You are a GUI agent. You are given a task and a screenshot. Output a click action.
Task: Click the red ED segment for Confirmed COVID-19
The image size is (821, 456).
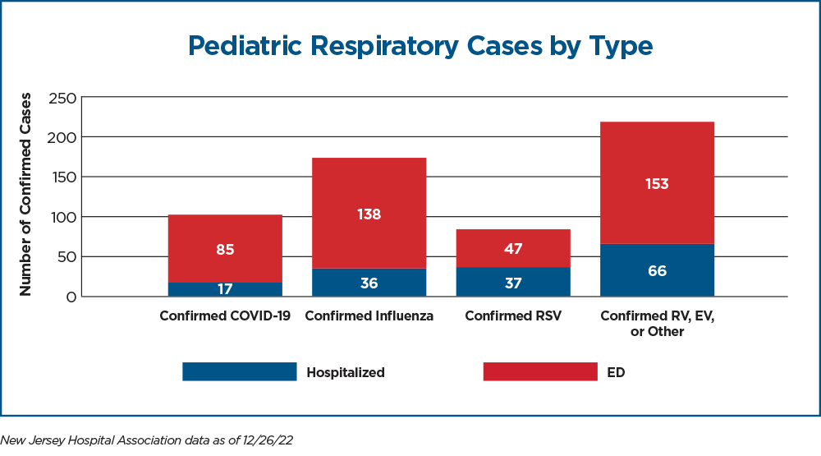[225, 248]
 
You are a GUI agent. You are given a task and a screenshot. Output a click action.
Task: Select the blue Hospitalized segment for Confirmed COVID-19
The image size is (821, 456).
[225, 290]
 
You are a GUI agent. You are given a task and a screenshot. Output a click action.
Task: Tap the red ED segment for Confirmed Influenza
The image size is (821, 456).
[369, 214]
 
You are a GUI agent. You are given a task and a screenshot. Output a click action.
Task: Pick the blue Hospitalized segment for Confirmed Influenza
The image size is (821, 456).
[369, 283]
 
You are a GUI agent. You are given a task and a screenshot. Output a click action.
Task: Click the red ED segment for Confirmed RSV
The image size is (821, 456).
[513, 248]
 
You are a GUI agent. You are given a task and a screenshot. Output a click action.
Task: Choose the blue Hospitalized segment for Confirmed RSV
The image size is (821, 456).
[513, 282]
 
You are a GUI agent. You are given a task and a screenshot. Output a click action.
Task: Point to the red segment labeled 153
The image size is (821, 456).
[657, 183]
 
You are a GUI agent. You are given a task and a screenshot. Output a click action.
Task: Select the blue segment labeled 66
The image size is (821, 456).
[657, 270]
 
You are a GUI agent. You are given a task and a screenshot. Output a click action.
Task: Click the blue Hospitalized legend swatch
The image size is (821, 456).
[239, 371]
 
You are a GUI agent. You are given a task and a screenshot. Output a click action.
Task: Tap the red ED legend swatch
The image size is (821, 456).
[540, 371]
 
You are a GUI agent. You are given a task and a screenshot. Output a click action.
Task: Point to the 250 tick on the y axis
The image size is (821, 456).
[62, 98]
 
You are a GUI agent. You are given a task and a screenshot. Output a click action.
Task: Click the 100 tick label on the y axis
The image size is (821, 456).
[63, 217]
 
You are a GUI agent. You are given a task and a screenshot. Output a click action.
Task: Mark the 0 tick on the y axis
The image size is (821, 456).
[71, 297]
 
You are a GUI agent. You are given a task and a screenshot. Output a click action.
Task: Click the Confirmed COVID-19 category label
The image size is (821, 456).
[225, 316]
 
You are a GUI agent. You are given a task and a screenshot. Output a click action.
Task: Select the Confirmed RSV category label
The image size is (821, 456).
[513, 316]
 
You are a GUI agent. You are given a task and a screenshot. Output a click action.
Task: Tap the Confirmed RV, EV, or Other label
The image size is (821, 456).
[657, 324]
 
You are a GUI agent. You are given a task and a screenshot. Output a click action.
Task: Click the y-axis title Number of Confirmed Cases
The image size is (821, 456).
[25, 195]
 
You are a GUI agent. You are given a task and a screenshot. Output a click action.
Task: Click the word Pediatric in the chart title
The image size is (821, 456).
[245, 46]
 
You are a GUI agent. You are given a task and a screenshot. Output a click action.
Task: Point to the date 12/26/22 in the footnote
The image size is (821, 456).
[268, 440]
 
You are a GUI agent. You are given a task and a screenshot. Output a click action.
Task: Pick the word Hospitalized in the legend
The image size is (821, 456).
[346, 372]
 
